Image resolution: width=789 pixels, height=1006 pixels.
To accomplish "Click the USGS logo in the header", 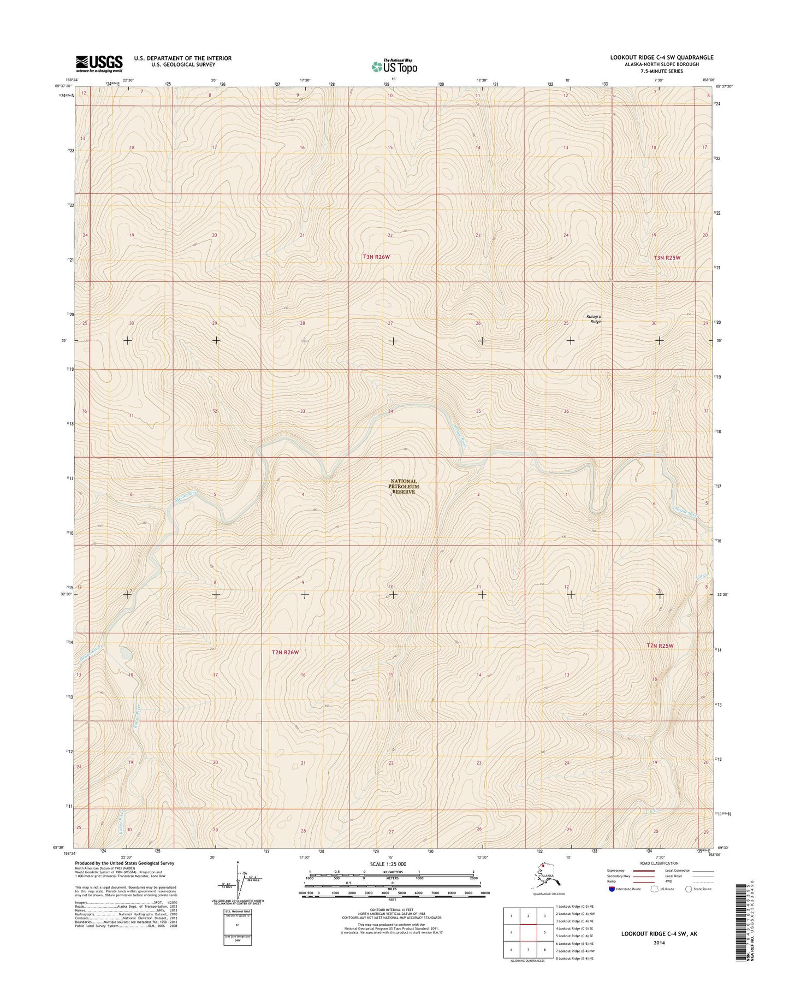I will pyautogui.click(x=99, y=63).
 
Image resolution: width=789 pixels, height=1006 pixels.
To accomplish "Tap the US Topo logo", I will pyautogui.click(x=394, y=67).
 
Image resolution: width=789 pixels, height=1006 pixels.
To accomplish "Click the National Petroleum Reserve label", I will pyautogui.click(x=404, y=487).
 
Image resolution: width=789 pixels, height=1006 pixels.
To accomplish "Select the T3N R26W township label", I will pyautogui.click(x=376, y=257).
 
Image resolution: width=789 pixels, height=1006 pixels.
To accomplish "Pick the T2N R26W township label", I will pyautogui.click(x=286, y=652).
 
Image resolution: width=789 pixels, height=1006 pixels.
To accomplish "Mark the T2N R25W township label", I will pyautogui.click(x=660, y=646).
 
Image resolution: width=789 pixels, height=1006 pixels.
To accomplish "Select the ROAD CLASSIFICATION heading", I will pyautogui.click(x=660, y=863).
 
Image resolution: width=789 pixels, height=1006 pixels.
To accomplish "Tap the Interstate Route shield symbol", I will pyautogui.click(x=612, y=889).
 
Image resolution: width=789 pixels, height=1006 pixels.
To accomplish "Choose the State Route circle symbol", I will pyautogui.click(x=689, y=889).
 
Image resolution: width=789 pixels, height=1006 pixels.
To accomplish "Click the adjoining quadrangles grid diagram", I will pyautogui.click(x=528, y=932).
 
